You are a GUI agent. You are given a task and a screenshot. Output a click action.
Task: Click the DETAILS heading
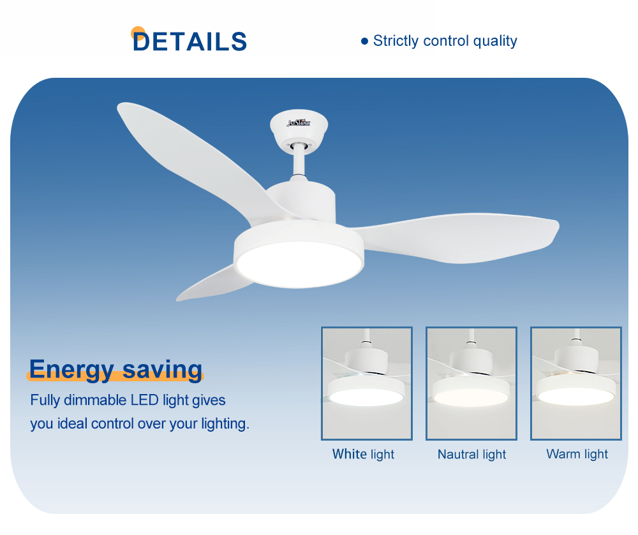(x=189, y=41)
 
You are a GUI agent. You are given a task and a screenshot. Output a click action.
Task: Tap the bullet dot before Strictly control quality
(x=364, y=41)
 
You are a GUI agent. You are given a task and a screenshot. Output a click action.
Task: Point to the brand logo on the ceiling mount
(x=299, y=122)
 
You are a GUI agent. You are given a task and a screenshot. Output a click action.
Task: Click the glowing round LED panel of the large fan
(x=299, y=264)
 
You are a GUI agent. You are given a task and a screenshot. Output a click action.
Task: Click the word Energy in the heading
(x=71, y=370)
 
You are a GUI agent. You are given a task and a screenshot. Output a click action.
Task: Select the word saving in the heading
(x=162, y=370)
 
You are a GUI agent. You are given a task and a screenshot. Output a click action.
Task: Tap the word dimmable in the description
(x=96, y=400)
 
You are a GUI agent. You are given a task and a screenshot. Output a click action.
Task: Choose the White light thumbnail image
(x=367, y=383)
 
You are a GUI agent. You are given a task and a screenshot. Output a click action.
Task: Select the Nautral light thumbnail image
(x=471, y=383)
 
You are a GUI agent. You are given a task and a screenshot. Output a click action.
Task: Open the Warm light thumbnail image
(x=575, y=383)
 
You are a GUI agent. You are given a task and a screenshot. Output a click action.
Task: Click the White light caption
(x=364, y=454)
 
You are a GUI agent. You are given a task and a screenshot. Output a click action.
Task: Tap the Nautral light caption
(x=471, y=454)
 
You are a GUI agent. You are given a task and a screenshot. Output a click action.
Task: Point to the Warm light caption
(x=577, y=454)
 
